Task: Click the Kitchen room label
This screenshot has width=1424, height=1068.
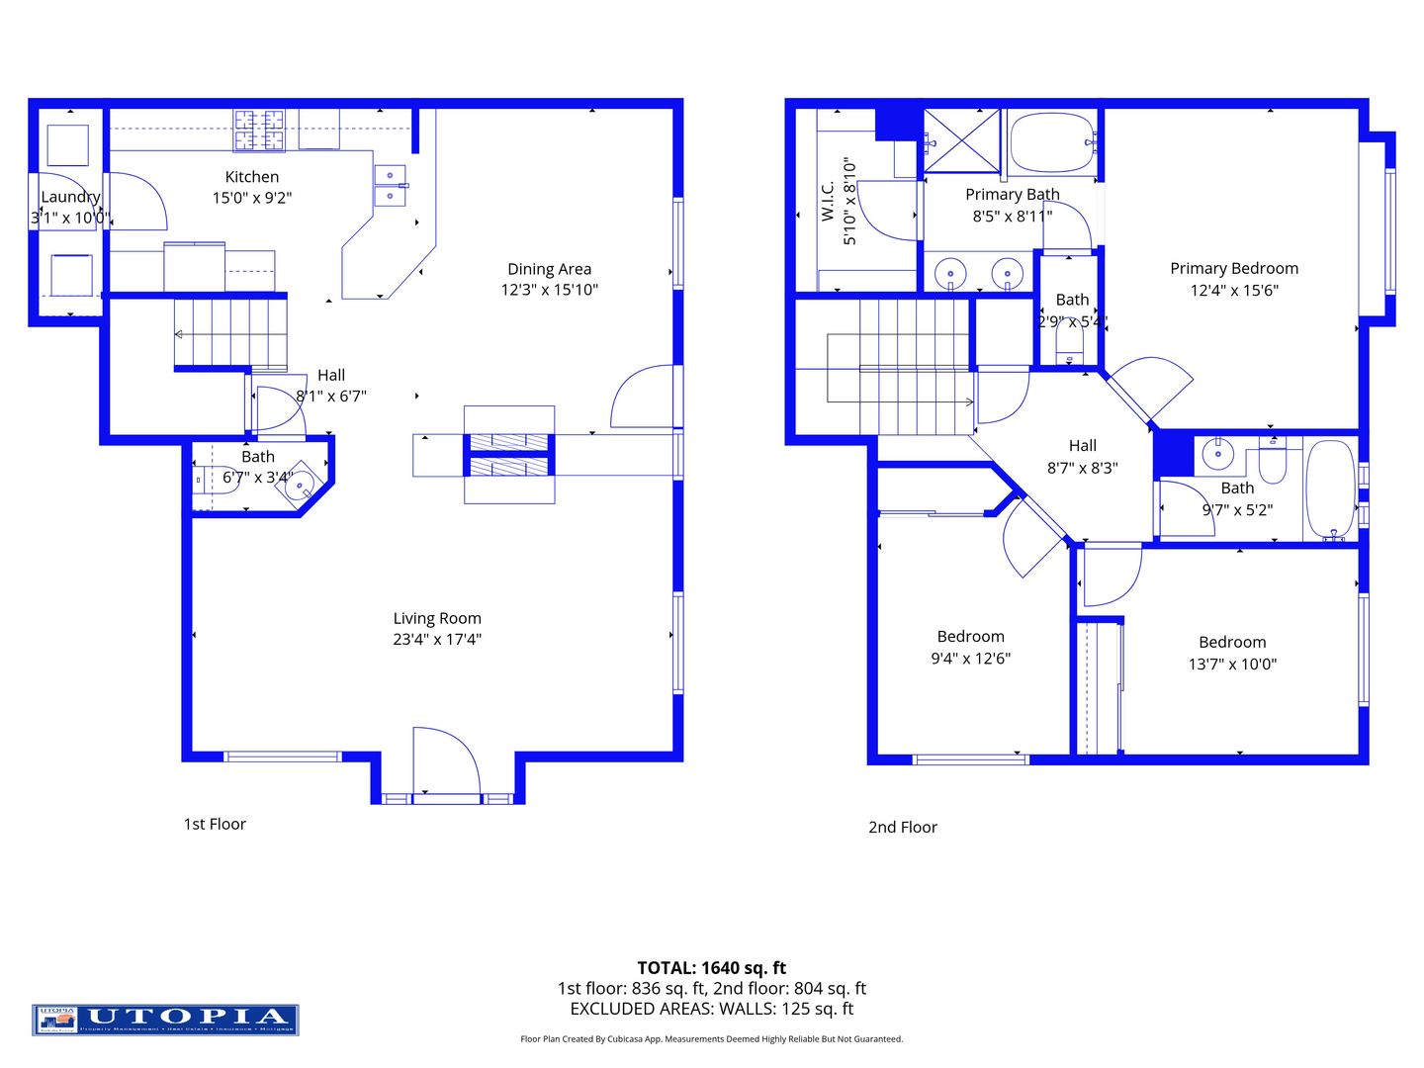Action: tap(252, 177)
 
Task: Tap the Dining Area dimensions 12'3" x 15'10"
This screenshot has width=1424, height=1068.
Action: tap(550, 290)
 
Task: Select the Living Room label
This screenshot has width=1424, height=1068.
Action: tap(437, 618)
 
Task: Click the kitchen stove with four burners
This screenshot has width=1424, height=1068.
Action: tap(259, 131)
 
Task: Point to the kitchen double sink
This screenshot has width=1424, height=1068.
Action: tap(390, 186)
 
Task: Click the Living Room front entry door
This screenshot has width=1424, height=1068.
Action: tap(445, 761)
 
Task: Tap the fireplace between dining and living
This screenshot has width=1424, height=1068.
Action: tap(508, 454)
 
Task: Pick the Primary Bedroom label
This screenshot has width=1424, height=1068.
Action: tap(1234, 268)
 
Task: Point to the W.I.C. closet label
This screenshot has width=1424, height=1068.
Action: tap(829, 201)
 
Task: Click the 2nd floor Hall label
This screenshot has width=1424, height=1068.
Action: tap(1083, 446)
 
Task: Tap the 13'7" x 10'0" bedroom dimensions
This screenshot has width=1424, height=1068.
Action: tap(1232, 665)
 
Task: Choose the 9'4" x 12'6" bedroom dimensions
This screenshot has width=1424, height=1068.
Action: tap(970, 659)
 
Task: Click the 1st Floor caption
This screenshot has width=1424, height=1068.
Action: tap(215, 824)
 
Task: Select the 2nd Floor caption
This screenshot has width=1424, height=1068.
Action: tap(903, 827)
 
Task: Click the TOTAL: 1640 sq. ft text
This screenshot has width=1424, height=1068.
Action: tap(712, 968)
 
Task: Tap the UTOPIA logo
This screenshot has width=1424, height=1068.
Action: tap(165, 1020)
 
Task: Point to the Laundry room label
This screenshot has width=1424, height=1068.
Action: tap(70, 197)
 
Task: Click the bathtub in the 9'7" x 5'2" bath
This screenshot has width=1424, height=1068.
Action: tap(1330, 489)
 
